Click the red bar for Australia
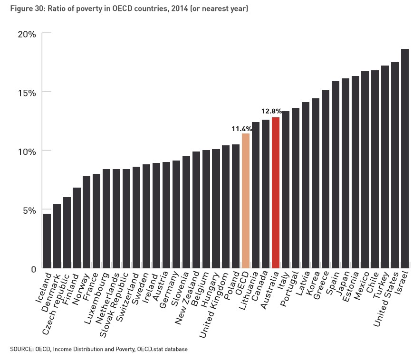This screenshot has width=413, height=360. pos(276,192)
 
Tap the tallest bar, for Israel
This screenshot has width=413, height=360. pos(405,159)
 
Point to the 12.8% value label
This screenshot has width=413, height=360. pos(271,111)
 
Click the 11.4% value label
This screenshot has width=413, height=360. pos(241,129)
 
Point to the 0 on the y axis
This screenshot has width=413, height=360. pos(33,269)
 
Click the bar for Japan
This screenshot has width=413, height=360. pos(346,173)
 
